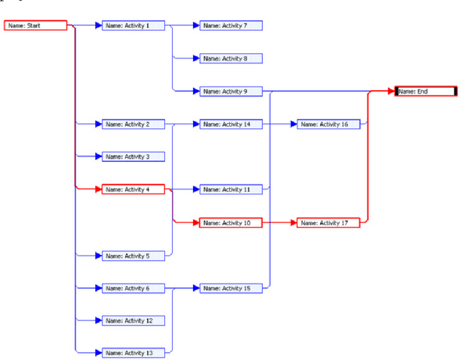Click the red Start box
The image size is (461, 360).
point(36,26)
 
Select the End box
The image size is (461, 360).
point(426,91)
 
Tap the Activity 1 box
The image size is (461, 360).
point(133,26)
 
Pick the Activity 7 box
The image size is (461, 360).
point(230,26)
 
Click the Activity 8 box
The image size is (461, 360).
point(230,58)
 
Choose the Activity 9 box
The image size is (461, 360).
point(230,91)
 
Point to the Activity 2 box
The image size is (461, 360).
point(133,125)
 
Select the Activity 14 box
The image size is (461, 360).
point(230,125)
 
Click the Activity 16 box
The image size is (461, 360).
point(328,125)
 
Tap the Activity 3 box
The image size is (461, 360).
point(133,157)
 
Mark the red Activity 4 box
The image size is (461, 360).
point(133,189)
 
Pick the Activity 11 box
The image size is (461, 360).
point(230,189)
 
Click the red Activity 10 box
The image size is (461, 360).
point(230,223)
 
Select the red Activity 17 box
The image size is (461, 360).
point(328,223)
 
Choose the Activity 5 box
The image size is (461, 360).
point(133,256)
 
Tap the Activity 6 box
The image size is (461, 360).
point(133,288)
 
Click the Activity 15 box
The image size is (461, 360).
point(230,288)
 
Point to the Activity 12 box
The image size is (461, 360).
point(133,320)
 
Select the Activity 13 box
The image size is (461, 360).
point(133,352)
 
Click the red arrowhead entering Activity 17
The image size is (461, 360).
point(293,223)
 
